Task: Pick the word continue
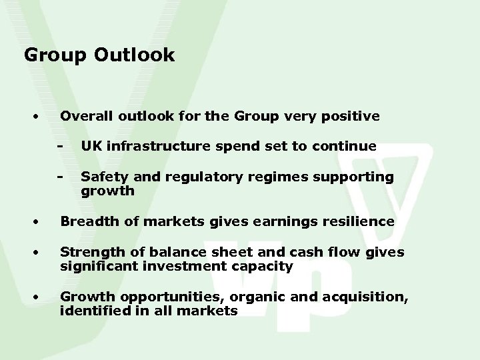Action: point(347,145)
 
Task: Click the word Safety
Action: point(101,177)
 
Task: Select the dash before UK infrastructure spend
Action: point(61,145)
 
